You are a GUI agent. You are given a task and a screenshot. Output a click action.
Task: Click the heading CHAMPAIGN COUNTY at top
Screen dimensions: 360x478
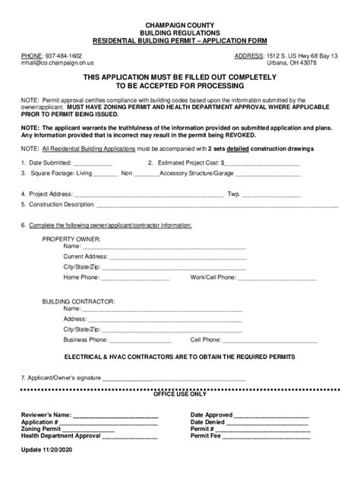pyautogui.click(x=180, y=26)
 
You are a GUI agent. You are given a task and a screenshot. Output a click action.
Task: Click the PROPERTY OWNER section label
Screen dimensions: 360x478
pyautogui.click(x=71, y=238)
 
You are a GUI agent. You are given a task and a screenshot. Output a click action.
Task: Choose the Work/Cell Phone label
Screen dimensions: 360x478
pyautogui.click(x=213, y=277)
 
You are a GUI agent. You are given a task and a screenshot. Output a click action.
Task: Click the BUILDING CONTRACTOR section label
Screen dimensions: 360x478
pyautogui.click(x=78, y=301)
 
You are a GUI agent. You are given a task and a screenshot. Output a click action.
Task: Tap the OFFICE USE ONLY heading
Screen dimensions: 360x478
pyautogui.click(x=180, y=395)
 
